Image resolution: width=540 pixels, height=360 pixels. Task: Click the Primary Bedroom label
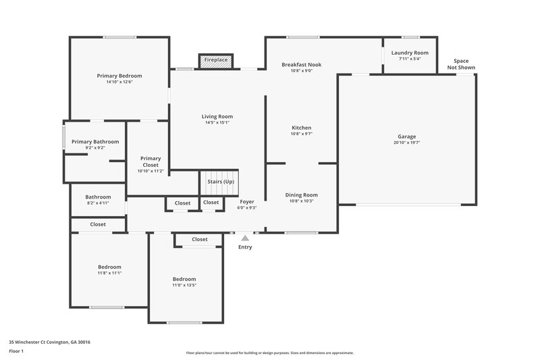click(119, 76)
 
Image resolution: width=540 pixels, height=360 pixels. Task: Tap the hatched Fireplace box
click(216, 61)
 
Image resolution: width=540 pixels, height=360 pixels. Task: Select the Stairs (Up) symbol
click(219, 182)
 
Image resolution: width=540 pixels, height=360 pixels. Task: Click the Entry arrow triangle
click(245, 238)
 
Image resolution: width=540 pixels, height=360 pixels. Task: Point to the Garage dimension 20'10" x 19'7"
click(406, 143)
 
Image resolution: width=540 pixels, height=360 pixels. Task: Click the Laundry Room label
click(410, 53)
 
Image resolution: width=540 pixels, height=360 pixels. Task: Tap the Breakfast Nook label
click(301, 65)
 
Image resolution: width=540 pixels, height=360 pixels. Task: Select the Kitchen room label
click(301, 128)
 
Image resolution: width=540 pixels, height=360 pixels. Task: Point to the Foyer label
click(247, 201)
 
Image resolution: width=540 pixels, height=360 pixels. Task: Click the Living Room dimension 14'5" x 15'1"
click(217, 122)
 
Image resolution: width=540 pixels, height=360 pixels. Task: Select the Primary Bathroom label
click(95, 142)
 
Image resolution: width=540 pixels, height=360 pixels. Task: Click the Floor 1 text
click(16, 351)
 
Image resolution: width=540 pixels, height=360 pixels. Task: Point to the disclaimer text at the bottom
click(269, 353)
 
